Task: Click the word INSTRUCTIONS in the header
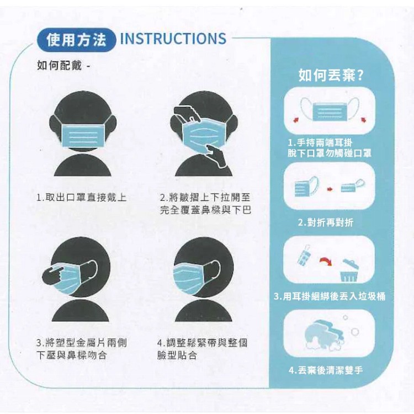pyautogui.click(x=173, y=39)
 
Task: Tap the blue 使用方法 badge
pyautogui.click(x=76, y=40)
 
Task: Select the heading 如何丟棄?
pyautogui.click(x=331, y=75)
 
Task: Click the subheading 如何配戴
pyautogui.click(x=60, y=65)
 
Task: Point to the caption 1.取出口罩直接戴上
pyautogui.click(x=81, y=197)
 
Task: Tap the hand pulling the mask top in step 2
pyautogui.click(x=187, y=114)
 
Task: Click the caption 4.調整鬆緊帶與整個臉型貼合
pyautogui.click(x=202, y=349)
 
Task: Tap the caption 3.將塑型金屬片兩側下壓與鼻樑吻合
pyautogui.click(x=81, y=349)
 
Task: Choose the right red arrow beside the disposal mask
pyautogui.click(x=364, y=120)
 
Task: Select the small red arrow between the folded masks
pyautogui.click(x=330, y=189)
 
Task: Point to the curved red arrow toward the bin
pyautogui.click(x=326, y=261)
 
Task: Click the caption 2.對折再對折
pyautogui.click(x=326, y=222)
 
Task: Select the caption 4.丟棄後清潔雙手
pyautogui.click(x=326, y=370)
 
